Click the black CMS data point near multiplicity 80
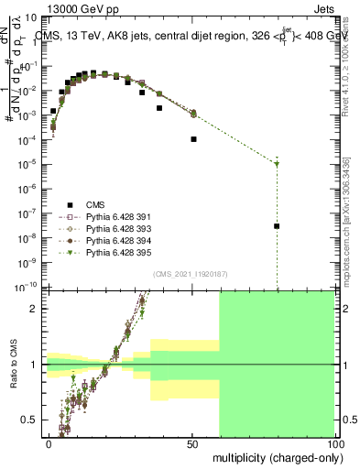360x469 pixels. [x=277, y=226]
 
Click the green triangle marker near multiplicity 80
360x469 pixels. [x=277, y=164]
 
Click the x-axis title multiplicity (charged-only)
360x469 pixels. [x=274, y=456]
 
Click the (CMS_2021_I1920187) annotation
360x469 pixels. [x=190, y=274]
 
